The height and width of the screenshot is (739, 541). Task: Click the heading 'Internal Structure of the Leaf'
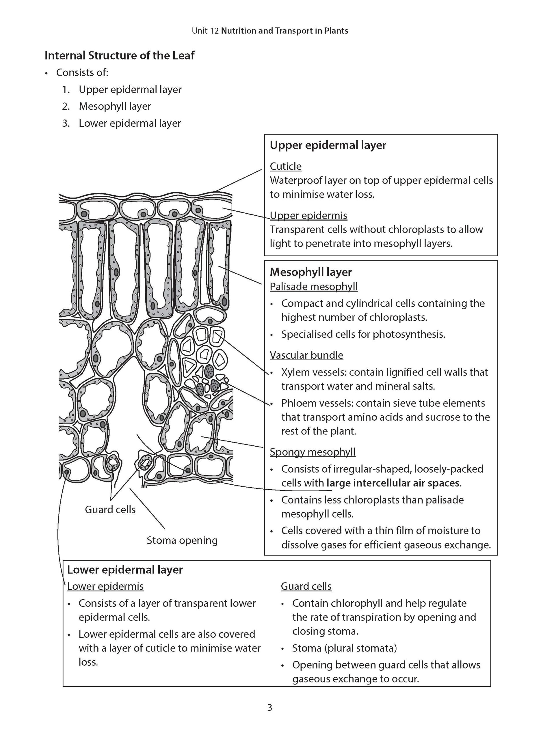click(119, 56)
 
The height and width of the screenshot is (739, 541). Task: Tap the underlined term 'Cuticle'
click(285, 166)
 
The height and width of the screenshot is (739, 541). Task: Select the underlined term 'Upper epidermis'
click(308, 215)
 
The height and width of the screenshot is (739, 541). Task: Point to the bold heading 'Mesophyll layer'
click(311, 272)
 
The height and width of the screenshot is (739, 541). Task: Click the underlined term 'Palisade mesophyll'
click(313, 287)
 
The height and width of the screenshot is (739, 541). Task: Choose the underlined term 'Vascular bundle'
click(306, 355)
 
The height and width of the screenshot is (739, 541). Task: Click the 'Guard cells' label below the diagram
click(110, 510)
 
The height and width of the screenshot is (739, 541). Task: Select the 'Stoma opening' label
click(182, 540)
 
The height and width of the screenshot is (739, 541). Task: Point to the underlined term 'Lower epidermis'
click(105, 586)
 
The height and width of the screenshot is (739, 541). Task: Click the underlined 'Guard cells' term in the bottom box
click(306, 586)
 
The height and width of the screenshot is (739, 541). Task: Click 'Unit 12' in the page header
click(205, 31)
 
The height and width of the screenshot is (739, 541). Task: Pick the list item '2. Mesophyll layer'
click(115, 106)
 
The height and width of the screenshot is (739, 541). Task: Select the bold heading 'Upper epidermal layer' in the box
click(328, 145)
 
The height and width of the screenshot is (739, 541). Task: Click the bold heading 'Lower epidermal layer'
click(125, 570)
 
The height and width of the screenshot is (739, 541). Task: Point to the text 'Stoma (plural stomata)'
click(344, 648)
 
